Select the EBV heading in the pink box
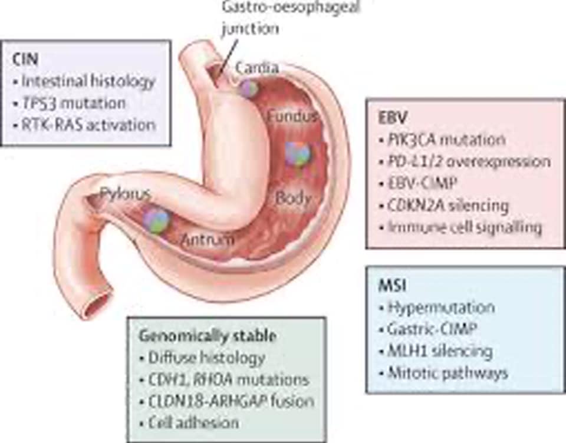[x=390, y=118]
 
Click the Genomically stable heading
[x=208, y=336]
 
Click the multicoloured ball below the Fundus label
[x=298, y=153]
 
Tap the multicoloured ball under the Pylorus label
[x=156, y=220]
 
